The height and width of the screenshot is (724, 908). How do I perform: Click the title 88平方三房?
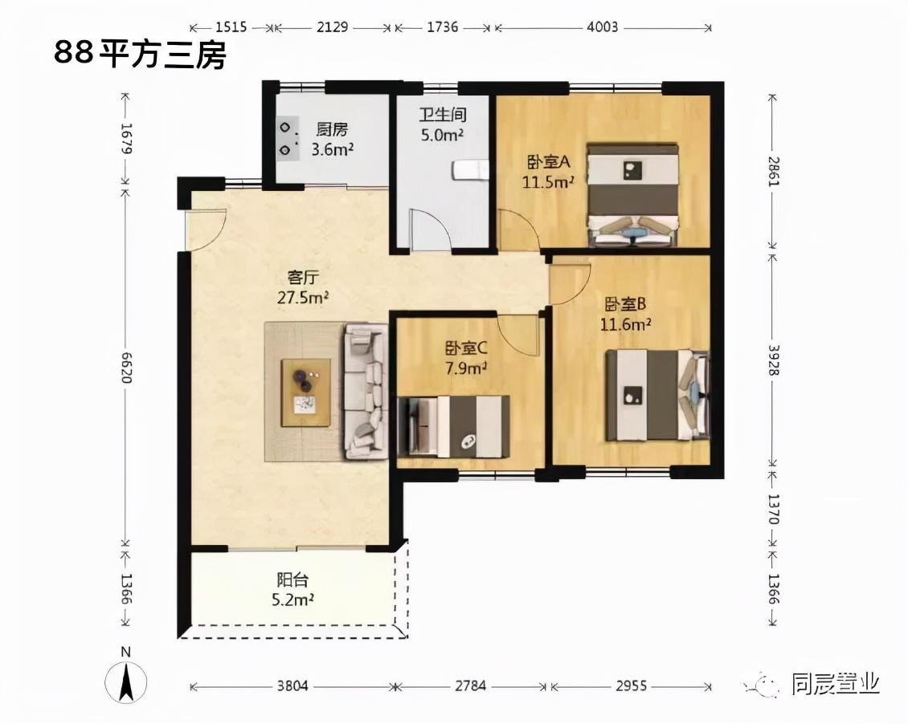[x=140, y=55]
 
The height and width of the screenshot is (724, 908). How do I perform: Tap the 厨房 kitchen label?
[x=333, y=129]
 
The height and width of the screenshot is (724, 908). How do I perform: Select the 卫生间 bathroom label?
[x=443, y=115]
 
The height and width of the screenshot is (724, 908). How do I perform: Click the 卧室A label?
[x=548, y=161]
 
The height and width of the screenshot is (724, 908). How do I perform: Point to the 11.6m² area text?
[x=625, y=323]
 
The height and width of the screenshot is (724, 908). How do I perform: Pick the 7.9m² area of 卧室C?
[x=465, y=368]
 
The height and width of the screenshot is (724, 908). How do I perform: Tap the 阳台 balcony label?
[x=293, y=580]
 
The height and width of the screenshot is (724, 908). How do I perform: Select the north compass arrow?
[x=125, y=681]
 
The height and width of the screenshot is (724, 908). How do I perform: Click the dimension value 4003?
[x=602, y=26]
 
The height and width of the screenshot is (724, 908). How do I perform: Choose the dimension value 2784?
[x=470, y=686]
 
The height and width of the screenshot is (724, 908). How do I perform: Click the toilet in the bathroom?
[x=469, y=171]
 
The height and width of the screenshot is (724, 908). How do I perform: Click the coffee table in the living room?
[x=306, y=393]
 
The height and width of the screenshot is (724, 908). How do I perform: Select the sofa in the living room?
[x=366, y=392]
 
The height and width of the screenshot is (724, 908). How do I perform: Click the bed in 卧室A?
[x=632, y=195]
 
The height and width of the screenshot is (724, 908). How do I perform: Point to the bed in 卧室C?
[x=453, y=426]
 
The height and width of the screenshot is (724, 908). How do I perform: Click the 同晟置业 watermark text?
[x=836, y=684]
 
